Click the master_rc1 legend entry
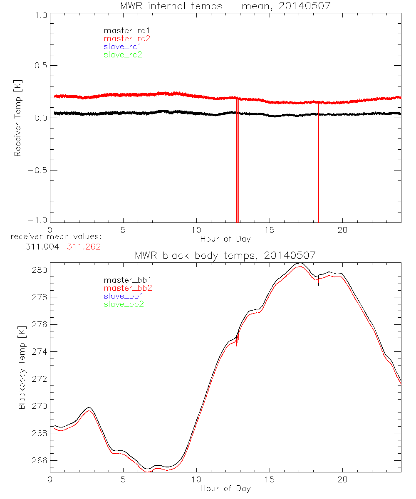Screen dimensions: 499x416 (x=123, y=30)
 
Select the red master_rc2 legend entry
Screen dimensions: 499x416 (x=127, y=39)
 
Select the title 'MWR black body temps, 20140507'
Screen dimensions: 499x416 (x=225, y=255)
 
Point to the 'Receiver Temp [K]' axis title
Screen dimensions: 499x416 (x=17, y=118)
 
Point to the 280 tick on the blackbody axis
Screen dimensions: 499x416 (x=40, y=270)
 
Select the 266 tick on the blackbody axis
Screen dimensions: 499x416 (x=40, y=461)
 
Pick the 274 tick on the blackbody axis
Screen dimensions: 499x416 (x=40, y=352)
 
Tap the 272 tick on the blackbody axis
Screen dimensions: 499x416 (x=40, y=379)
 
